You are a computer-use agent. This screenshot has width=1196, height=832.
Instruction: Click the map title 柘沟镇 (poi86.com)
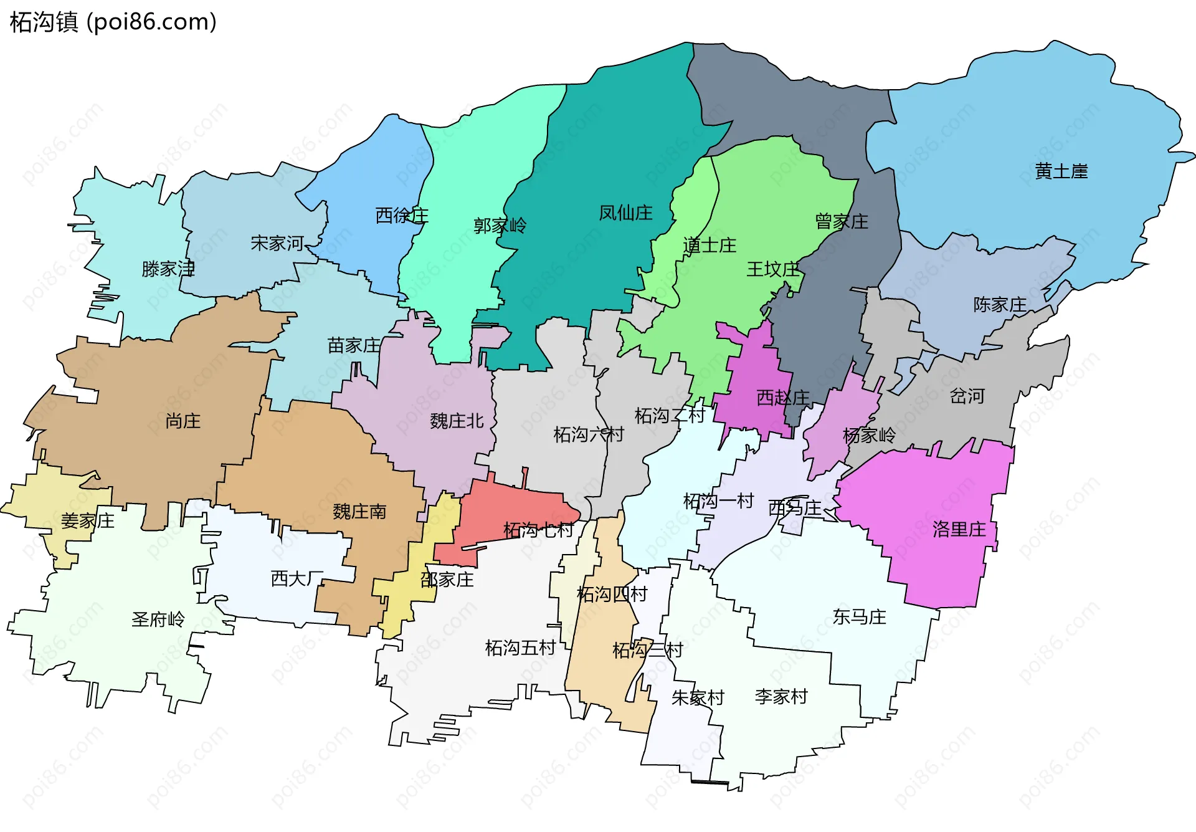pyautogui.click(x=113, y=22)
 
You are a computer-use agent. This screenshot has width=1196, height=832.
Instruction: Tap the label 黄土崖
pyautogui.click(x=1061, y=171)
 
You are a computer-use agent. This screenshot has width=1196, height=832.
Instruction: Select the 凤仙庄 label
pyautogui.click(x=625, y=213)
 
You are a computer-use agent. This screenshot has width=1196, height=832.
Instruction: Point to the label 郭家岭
pyautogui.click(x=500, y=225)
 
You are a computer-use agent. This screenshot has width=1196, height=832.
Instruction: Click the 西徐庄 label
pyautogui.click(x=402, y=216)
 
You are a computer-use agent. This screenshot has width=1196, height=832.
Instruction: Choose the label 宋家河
pyautogui.click(x=277, y=243)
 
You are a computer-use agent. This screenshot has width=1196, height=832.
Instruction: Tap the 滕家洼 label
pyautogui.click(x=168, y=269)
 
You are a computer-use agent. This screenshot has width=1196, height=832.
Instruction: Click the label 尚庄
pyautogui.click(x=183, y=421)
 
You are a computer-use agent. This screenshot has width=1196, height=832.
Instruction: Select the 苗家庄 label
pyautogui.click(x=354, y=345)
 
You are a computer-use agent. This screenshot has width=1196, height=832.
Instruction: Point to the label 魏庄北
pyautogui.click(x=457, y=421)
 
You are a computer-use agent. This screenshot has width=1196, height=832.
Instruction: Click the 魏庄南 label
pyautogui.click(x=359, y=512)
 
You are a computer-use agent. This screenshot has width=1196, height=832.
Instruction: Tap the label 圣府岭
pyautogui.click(x=158, y=619)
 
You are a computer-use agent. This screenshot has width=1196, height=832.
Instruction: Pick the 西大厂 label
pyautogui.click(x=297, y=579)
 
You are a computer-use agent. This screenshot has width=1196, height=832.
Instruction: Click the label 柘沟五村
pyautogui.click(x=520, y=648)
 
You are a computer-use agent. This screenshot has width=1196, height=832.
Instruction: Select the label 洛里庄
pyautogui.click(x=959, y=530)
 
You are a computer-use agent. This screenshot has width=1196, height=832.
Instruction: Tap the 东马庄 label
pyautogui.click(x=859, y=617)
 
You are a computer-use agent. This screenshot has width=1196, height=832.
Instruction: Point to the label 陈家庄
pyautogui.click(x=1000, y=305)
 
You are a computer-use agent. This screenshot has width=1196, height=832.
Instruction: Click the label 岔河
pyautogui.click(x=967, y=396)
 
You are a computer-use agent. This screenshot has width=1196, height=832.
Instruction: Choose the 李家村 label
pyautogui.click(x=781, y=697)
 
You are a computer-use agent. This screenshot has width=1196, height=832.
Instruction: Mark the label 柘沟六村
pyautogui.click(x=589, y=434)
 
